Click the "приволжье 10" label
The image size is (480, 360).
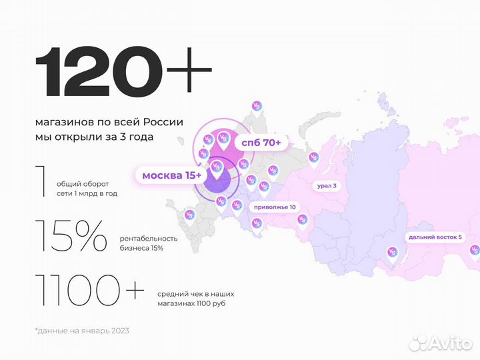coord(274,207)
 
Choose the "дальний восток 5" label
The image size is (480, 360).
coord(435,237)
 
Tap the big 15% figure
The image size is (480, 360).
coord(71,236)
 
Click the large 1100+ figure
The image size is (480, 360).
coord(89,291)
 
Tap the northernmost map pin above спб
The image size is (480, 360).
coord(256,107)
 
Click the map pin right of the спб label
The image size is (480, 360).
coord(313,159)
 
